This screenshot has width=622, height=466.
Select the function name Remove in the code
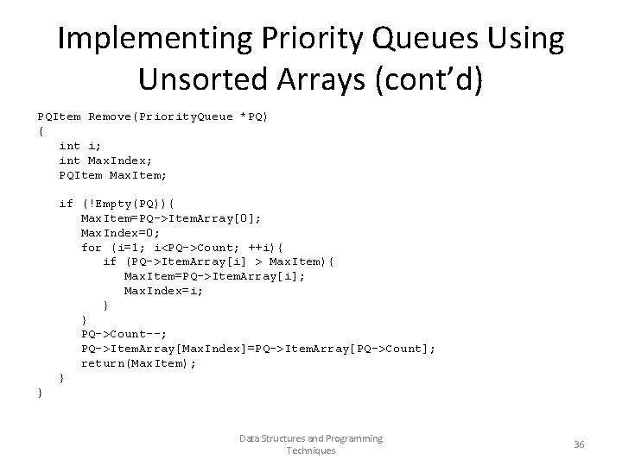tap(110, 116)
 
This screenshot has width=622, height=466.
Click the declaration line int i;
tap(80, 146)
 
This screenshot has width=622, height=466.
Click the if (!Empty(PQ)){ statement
tap(117, 204)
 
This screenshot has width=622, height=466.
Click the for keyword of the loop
tap(92, 248)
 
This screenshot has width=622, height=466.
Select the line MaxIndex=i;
tap(164, 291)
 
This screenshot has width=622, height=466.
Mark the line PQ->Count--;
tap(124, 334)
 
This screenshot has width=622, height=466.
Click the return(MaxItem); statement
tap(138, 363)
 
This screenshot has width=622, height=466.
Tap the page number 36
tap(579, 444)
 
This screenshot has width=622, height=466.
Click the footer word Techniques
tap(310, 450)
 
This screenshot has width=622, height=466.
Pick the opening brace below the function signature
tap(40, 131)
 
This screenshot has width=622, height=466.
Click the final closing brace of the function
tap(40, 393)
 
